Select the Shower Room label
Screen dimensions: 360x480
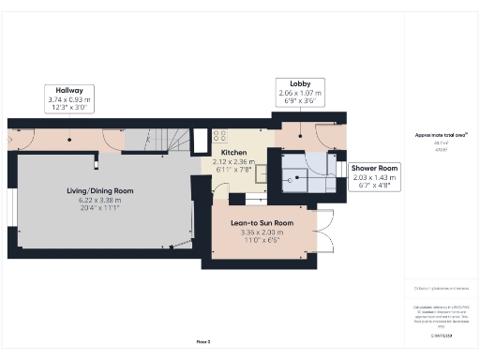[375, 168]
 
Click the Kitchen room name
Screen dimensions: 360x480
[234, 152]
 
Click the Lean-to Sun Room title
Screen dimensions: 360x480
[262, 223]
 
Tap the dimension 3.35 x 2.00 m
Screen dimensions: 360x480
[262, 232]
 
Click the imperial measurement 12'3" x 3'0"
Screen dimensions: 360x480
[67, 108]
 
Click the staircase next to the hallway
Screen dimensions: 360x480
[164, 140]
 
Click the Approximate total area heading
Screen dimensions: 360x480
[441, 134]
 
